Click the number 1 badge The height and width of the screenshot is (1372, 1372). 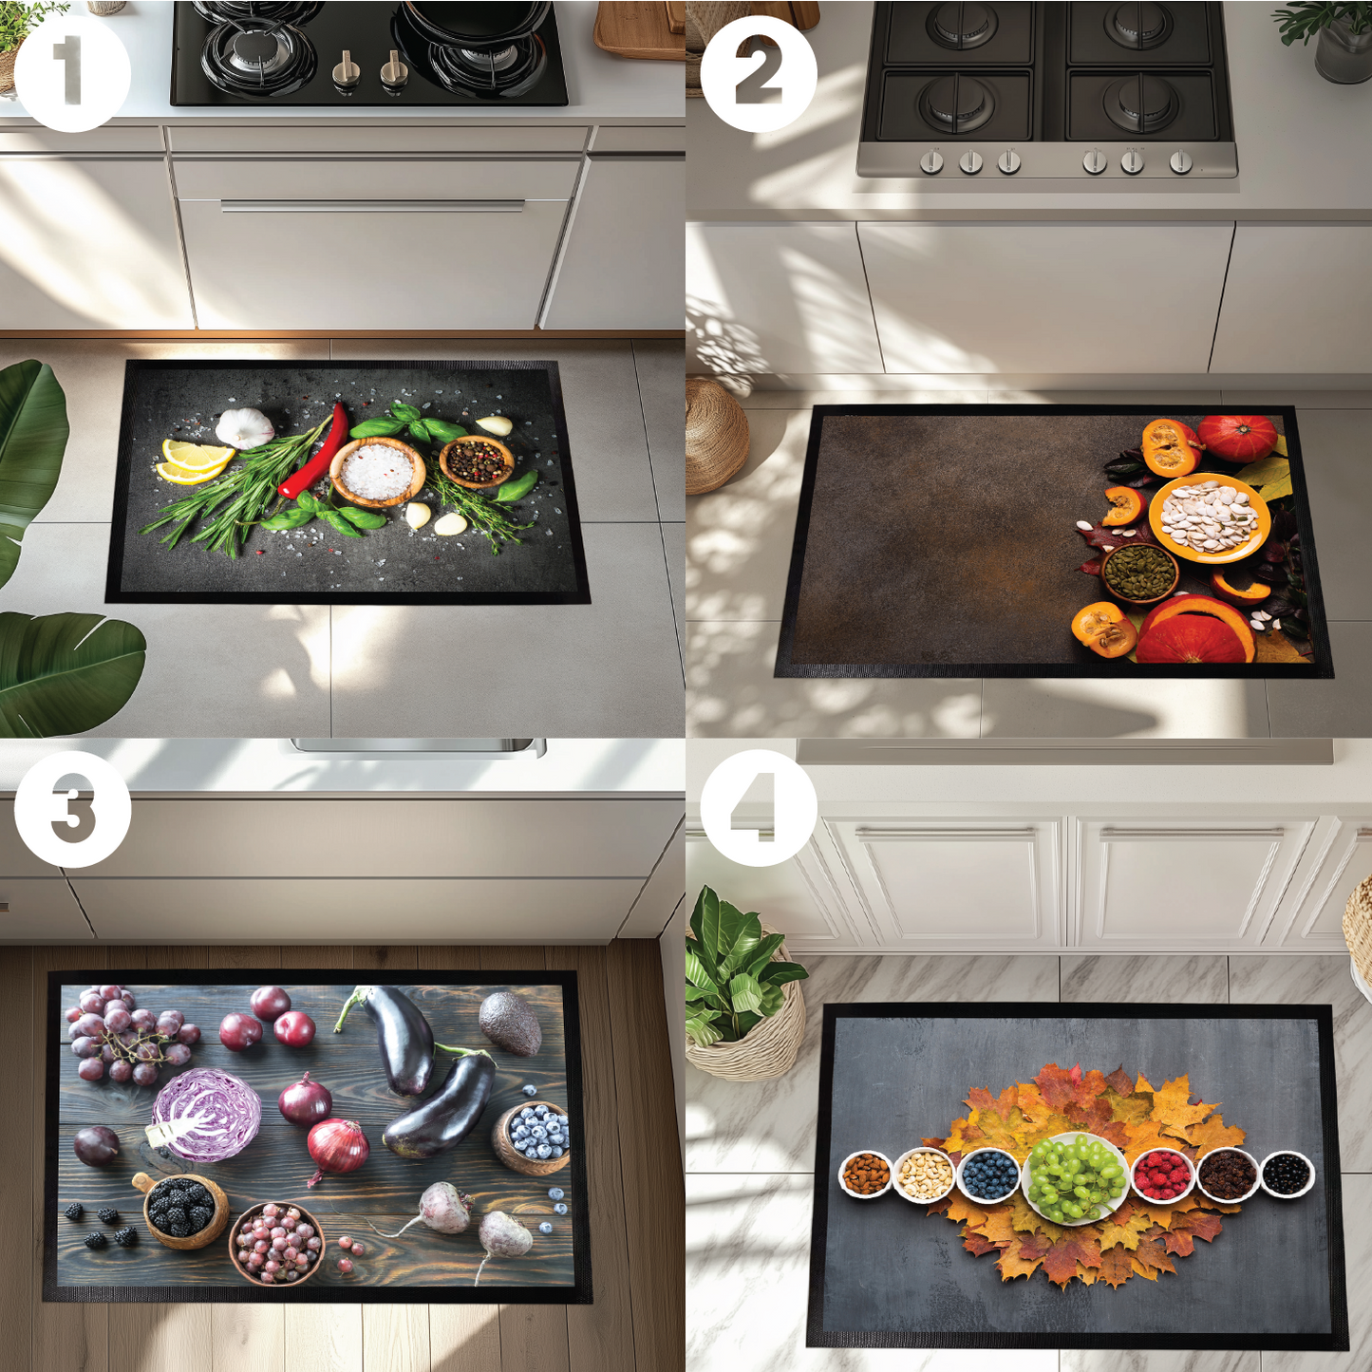pos(72,74)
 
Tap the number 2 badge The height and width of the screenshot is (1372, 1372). pos(759,74)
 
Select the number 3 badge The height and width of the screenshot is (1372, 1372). pos(72,809)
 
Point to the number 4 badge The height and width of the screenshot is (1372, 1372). pos(759,808)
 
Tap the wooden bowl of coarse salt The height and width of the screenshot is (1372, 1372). pos(377,471)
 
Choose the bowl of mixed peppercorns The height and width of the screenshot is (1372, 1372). pos(477,460)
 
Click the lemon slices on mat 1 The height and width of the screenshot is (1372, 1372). pos(194,460)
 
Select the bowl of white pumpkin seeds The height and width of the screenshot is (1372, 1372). pos(1209,517)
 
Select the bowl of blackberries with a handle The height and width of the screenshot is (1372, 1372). pos(184,1207)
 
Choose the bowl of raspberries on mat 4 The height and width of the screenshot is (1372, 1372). pos(1162,1175)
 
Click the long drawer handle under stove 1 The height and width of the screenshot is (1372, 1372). pos(372,205)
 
